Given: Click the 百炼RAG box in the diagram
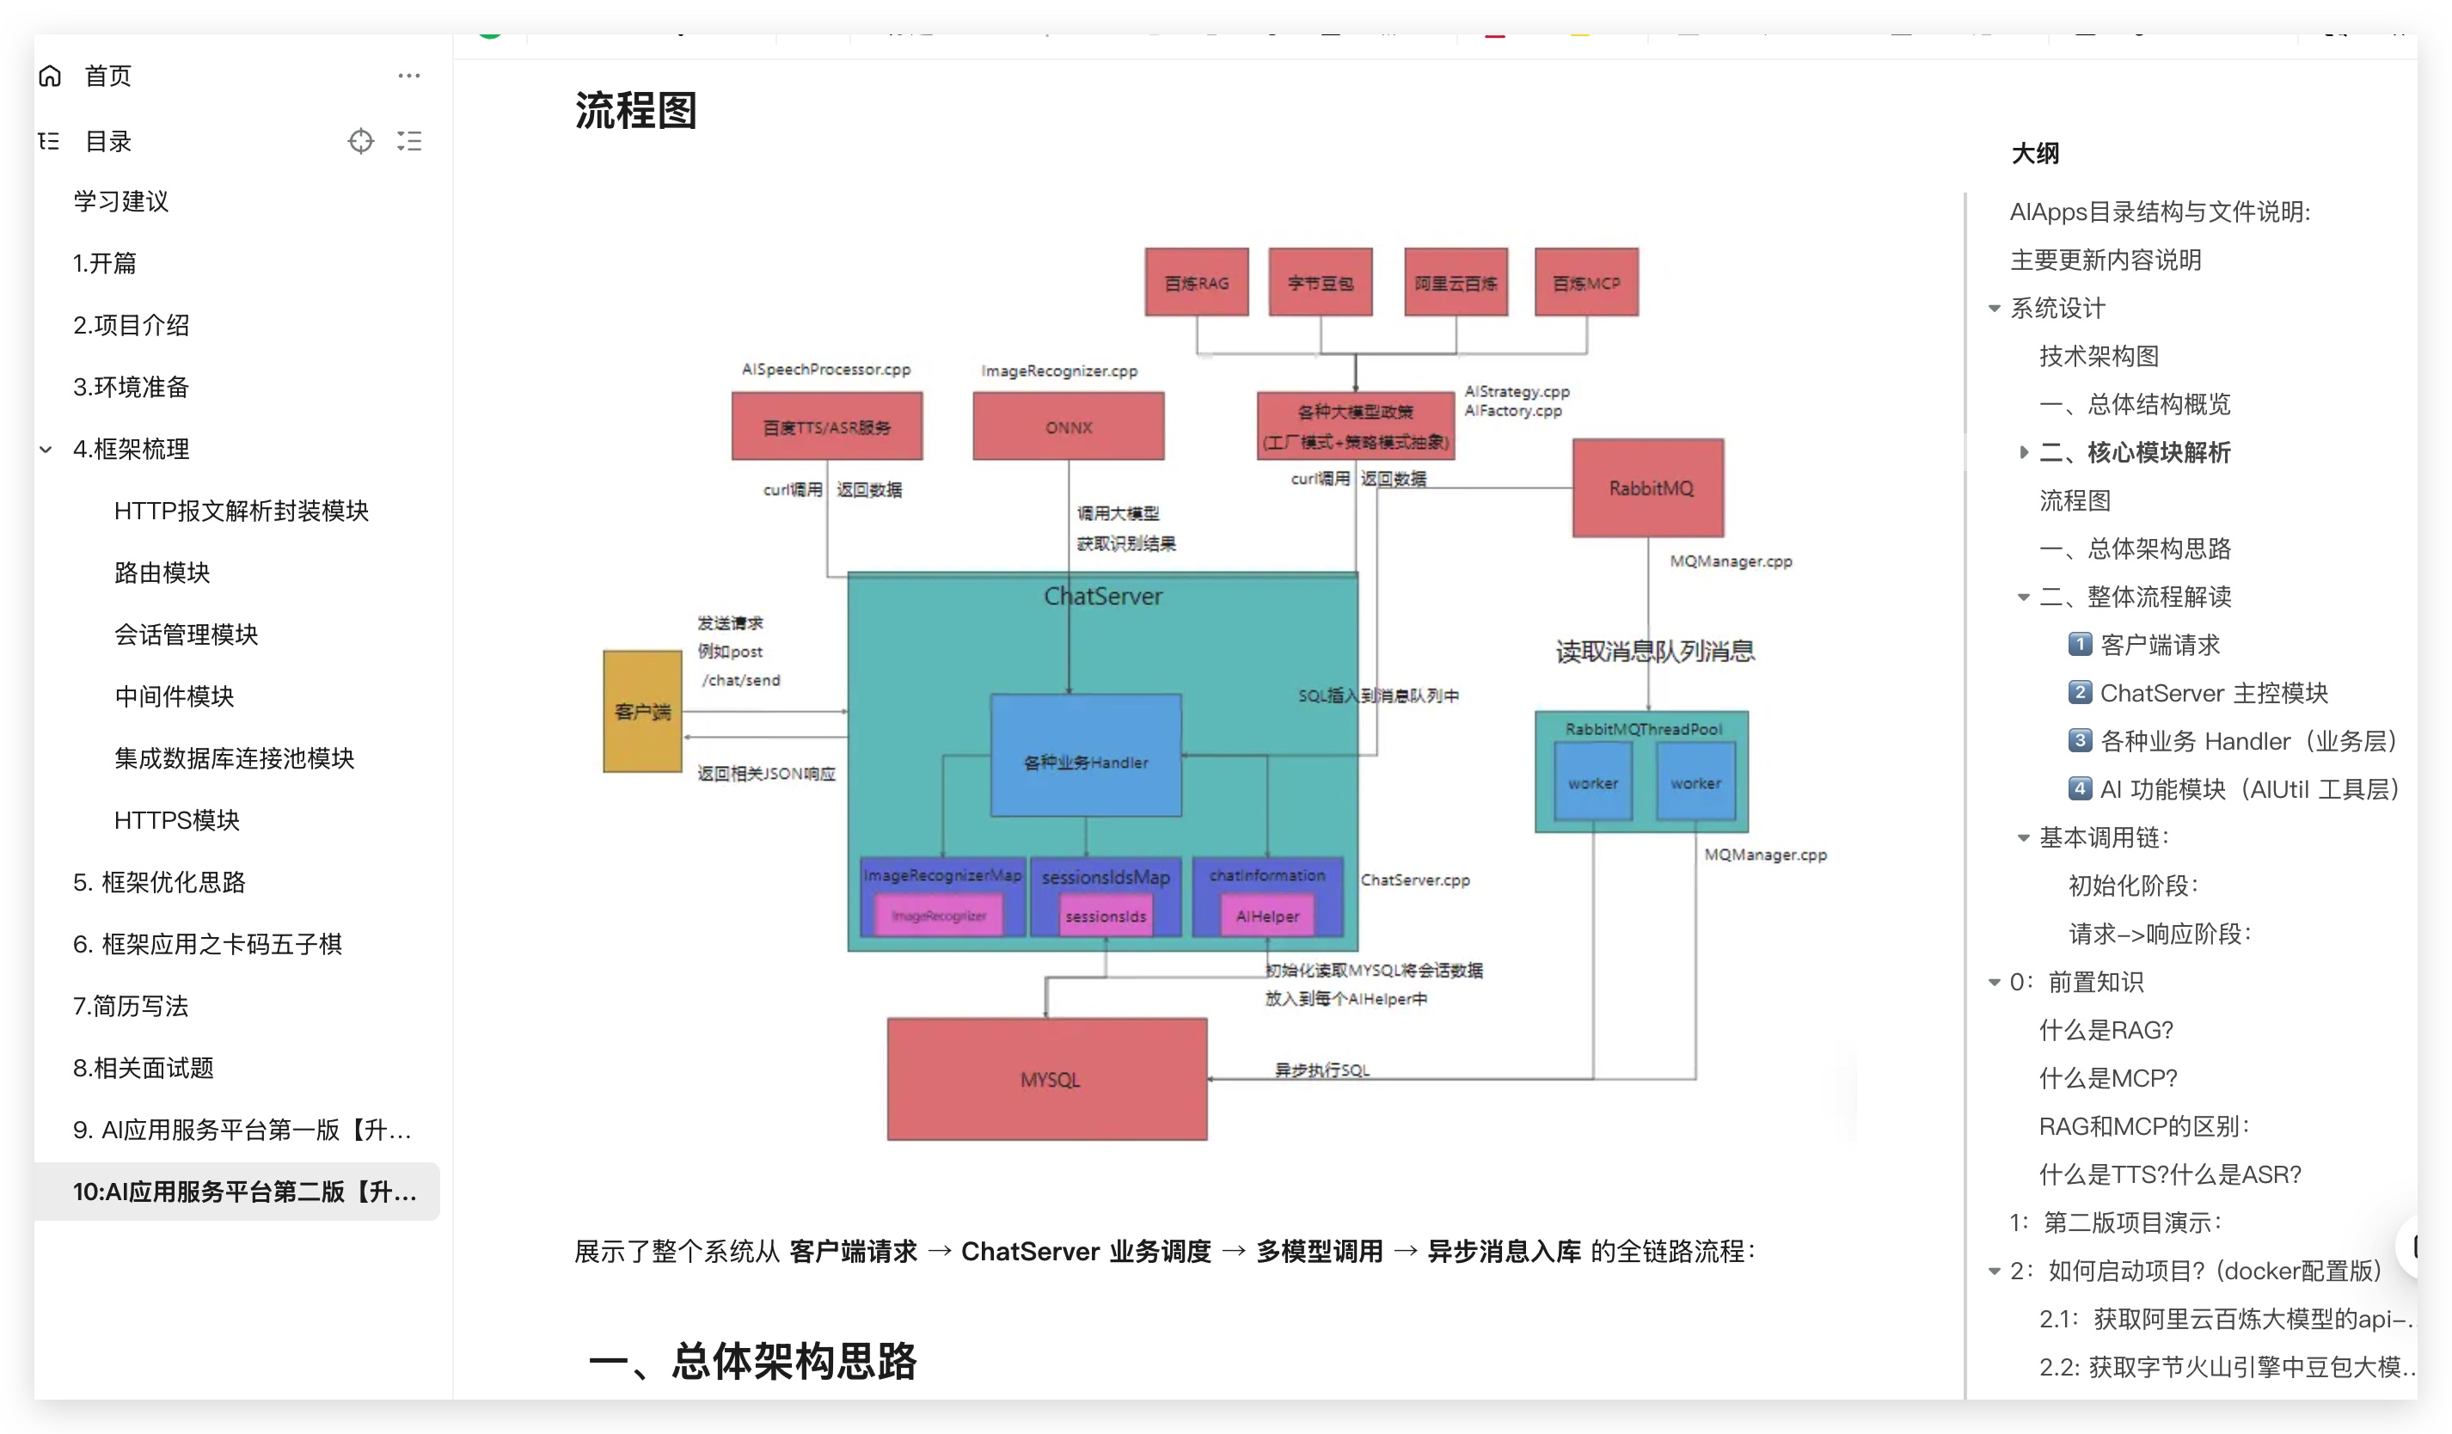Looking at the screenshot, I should tap(1196, 282).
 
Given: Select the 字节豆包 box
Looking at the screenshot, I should tap(1321, 282).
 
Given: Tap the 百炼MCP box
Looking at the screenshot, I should tap(1586, 282).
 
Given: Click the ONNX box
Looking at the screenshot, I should tap(1069, 426).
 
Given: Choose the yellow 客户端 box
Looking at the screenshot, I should tap(642, 711).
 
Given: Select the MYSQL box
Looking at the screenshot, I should tap(1047, 1079).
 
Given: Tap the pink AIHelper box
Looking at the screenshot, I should tap(1267, 916).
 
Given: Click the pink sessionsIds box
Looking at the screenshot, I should tap(1106, 916).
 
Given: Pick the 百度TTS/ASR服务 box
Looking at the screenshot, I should tap(827, 426).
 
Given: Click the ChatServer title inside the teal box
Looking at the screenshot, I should tap(1102, 597).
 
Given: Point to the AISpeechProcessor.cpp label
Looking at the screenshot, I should tap(826, 369).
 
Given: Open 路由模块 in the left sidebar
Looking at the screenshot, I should tap(162, 572).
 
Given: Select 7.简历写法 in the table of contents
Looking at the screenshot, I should tap(131, 1005).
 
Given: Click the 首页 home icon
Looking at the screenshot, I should tap(51, 76).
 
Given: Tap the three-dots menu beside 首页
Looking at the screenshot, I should tap(408, 76).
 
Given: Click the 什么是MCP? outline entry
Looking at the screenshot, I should tap(2107, 1078).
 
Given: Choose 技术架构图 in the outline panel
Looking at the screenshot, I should tap(2099, 356).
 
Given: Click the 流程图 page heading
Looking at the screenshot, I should tap(635, 111).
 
